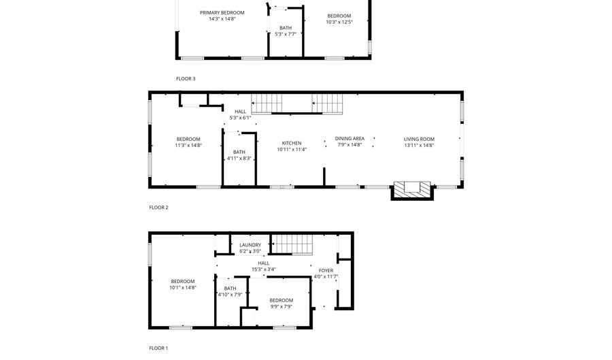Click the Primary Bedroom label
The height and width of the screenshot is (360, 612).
point(222,12)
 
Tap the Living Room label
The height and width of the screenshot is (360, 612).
point(419,139)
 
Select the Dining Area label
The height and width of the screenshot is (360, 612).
point(350,138)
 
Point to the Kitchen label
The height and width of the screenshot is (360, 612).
point(292,143)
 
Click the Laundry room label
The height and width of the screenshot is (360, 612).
point(250,245)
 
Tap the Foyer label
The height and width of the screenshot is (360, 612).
point(326,270)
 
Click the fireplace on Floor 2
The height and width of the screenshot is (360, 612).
point(412,190)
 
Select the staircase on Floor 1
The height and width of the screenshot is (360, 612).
point(292,245)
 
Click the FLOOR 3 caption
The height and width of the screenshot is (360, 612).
point(186,78)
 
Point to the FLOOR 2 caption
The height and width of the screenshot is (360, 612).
point(158,208)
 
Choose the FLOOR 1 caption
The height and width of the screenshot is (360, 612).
point(158,348)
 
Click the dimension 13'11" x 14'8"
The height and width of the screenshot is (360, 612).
point(419,145)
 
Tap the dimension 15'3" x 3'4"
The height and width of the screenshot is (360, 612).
point(263,269)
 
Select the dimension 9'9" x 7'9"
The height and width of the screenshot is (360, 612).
point(281,306)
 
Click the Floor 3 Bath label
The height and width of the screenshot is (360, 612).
point(286,28)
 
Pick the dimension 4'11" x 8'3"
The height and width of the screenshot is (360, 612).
point(239,158)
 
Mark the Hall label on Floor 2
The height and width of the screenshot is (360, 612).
point(240,112)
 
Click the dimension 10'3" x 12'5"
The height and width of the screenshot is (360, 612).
point(339,22)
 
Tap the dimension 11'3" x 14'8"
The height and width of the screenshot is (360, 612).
point(188,145)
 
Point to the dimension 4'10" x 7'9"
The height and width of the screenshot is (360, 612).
point(230,295)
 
